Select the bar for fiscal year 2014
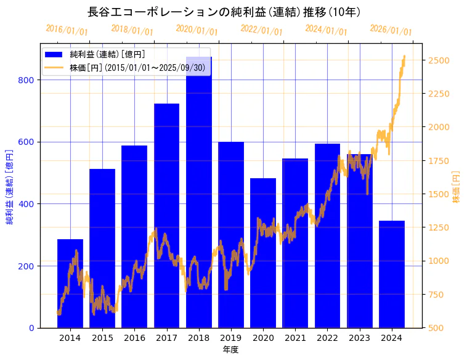tap(70, 284)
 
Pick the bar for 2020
tap(263, 253)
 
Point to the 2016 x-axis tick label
tap(134, 338)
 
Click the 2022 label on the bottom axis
tap(327, 338)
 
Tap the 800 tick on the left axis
tap(30, 80)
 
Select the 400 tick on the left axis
tap(30, 204)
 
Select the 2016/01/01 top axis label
tap(67, 30)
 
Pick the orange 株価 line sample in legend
tap(54, 67)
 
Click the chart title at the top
tap(224, 12)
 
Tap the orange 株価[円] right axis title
tap(457, 187)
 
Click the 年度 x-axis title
tap(230, 350)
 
